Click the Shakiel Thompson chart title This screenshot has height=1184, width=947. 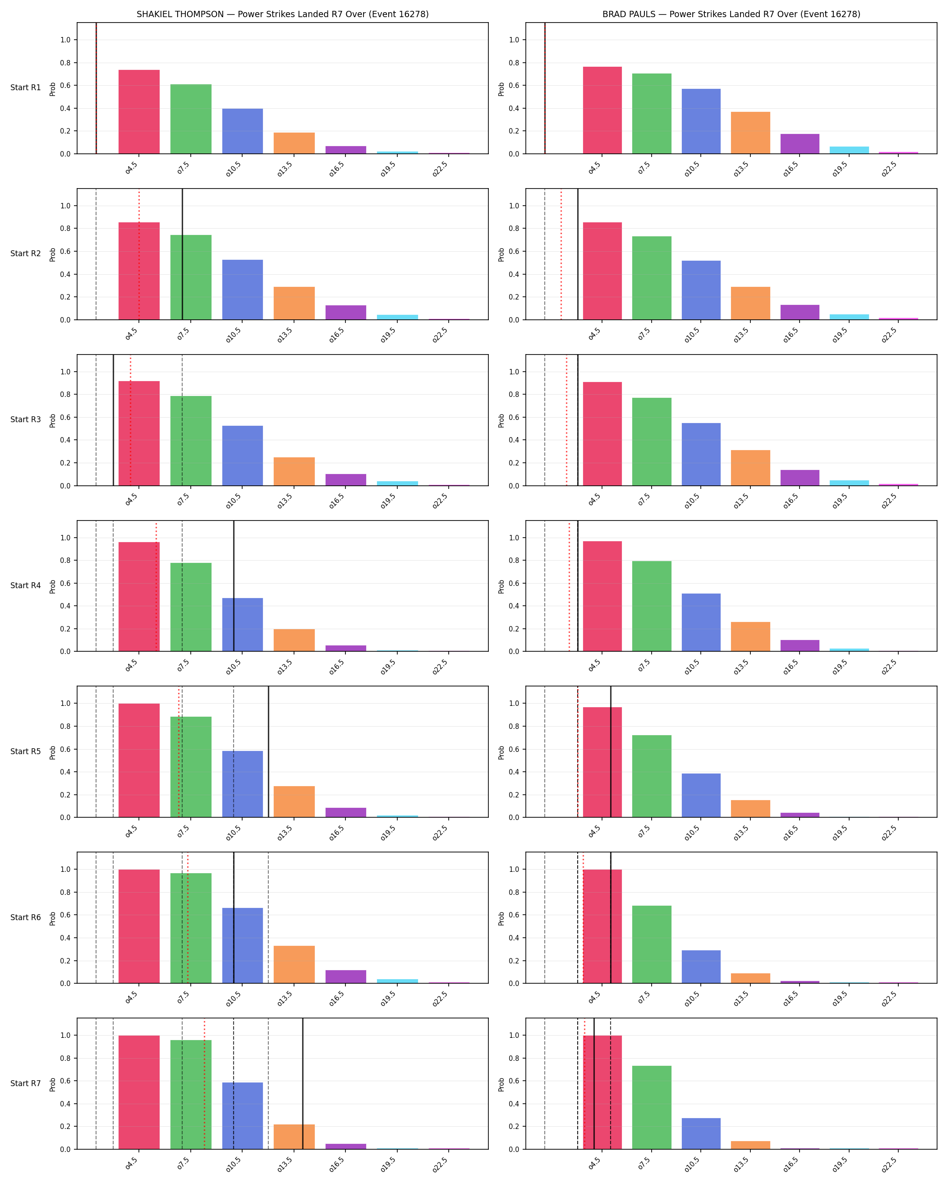[282, 14]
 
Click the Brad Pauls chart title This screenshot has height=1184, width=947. [731, 14]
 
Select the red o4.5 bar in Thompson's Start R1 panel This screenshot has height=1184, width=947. [139, 111]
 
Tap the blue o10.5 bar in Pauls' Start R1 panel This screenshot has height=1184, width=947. [701, 121]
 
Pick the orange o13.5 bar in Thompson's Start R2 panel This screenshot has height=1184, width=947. [294, 303]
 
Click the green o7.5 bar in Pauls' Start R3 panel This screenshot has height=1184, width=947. [652, 442]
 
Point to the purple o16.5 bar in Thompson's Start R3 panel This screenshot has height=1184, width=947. [346, 479]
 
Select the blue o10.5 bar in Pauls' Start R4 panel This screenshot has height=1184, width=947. [701, 622]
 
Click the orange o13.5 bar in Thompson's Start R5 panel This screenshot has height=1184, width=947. [294, 802]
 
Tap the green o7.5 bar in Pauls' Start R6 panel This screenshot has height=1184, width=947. [652, 944]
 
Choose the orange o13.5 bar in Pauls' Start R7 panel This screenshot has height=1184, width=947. [750, 1145]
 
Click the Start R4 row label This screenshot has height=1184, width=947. [25, 585]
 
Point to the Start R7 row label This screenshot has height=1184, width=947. [25, 1083]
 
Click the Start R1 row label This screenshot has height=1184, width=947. [25, 88]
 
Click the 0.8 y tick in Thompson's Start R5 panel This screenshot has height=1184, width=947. [65, 726]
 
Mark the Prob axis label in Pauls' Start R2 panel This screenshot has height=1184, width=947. [501, 254]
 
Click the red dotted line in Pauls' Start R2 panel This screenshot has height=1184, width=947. [561, 254]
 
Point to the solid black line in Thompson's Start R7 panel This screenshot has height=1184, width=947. [303, 1083]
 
